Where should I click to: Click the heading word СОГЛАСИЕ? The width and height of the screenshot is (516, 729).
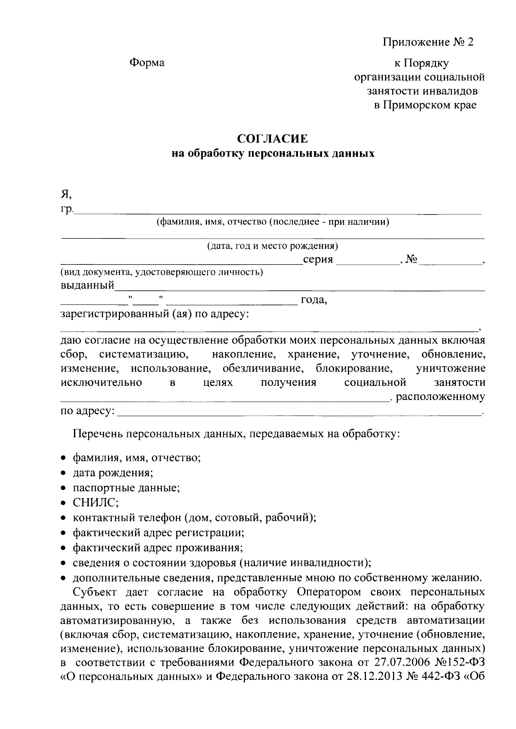tap(273, 139)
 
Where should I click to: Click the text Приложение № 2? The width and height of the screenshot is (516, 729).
tap(428, 42)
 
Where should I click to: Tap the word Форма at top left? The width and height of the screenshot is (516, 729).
tap(147, 63)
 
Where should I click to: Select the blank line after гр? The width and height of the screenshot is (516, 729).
tap(277, 212)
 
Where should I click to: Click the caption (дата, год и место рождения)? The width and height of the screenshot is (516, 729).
tap(273, 246)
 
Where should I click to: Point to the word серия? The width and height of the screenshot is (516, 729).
tap(318, 260)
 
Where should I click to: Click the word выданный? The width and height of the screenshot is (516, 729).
tap(87, 285)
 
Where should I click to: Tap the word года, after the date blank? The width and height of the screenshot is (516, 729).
tap(314, 300)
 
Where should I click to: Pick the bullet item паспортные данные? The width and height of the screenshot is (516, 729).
tap(126, 488)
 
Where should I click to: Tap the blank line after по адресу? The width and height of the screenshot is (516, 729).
tap(299, 414)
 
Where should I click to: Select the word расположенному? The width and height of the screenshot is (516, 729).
tap(440, 397)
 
